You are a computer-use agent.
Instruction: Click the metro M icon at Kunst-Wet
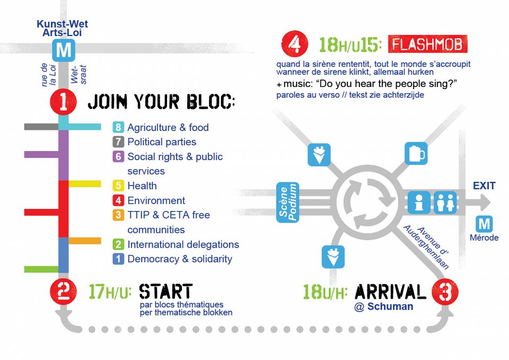pyautogui.click(x=64, y=51)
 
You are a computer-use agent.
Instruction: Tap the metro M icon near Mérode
pyautogui.click(x=484, y=224)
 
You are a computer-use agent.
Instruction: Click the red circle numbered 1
pyautogui.click(x=63, y=101)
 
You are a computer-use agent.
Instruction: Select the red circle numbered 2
pyautogui.click(x=63, y=291)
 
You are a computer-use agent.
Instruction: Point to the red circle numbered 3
pyautogui.click(x=444, y=291)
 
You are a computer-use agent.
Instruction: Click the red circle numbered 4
pyautogui.click(x=294, y=45)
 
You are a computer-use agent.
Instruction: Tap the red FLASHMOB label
pyautogui.click(x=427, y=45)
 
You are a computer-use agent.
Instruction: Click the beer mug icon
pyautogui.click(x=415, y=153)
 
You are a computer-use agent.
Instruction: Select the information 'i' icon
pyautogui.click(x=419, y=203)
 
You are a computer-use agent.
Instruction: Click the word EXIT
pyautogui.click(x=484, y=186)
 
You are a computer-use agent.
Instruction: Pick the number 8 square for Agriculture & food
pyautogui.click(x=118, y=127)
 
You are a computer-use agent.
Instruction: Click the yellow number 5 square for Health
pyautogui.click(x=118, y=186)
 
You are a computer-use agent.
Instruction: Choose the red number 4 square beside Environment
pyautogui.click(x=118, y=200)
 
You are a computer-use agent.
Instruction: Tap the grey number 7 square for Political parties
pyautogui.click(x=118, y=142)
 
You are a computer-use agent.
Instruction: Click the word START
pyautogui.click(x=165, y=291)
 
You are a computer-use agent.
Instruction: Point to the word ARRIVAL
pyautogui.click(x=390, y=291)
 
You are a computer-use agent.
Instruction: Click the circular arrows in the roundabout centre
pyautogui.click(x=366, y=202)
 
